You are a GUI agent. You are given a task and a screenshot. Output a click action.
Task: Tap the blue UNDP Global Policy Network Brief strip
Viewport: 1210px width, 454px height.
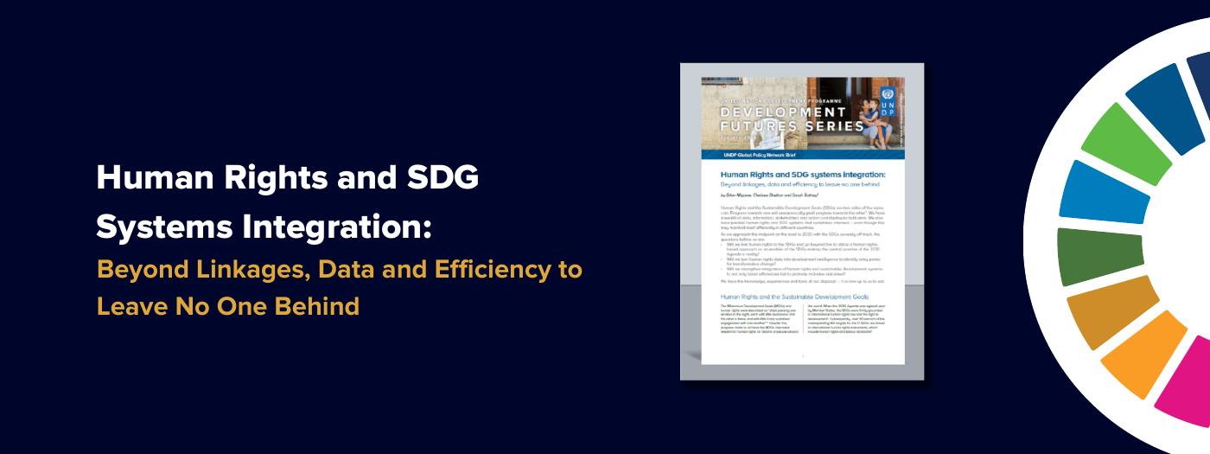(x=802, y=154)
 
